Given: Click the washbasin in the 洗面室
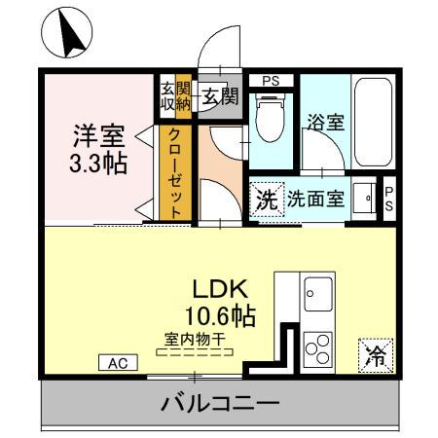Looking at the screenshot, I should click(367, 198).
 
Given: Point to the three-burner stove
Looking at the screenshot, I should click(317, 347).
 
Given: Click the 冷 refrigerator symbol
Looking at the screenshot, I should click(374, 355).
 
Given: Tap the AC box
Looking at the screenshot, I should click(118, 362).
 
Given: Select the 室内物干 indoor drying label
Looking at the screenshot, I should click(194, 338).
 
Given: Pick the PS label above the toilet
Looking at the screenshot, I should click(270, 81).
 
